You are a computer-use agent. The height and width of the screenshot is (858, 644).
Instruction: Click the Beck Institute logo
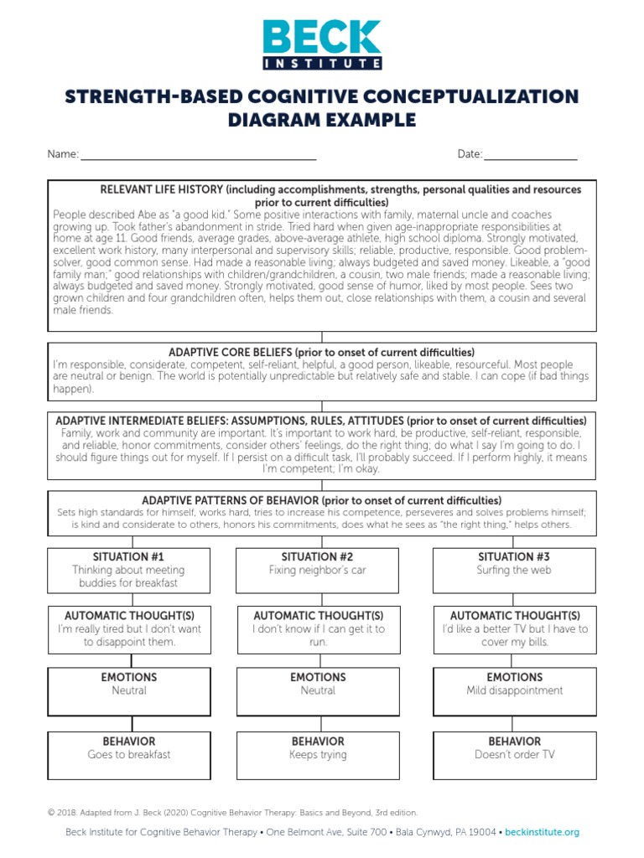tap(322, 44)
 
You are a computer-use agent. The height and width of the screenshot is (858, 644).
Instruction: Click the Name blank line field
tap(198, 156)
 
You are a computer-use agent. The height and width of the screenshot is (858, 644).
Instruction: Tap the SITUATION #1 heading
tap(129, 556)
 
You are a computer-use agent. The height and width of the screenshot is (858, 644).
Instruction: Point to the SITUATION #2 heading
tap(318, 556)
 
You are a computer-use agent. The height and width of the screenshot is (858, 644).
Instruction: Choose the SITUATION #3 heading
tap(514, 556)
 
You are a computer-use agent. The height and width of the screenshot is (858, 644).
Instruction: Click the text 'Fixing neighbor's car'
tap(318, 571)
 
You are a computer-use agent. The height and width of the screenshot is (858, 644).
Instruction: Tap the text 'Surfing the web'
tap(514, 571)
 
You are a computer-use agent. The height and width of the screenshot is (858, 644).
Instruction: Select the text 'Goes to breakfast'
tap(129, 755)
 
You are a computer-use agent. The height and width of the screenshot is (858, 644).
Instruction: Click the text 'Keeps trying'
tap(318, 755)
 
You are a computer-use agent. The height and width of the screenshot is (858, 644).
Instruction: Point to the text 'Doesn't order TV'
tap(514, 755)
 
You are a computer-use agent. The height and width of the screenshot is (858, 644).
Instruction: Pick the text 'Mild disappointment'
tap(514, 691)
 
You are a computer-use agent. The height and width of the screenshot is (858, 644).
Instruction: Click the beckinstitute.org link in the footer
tap(542, 832)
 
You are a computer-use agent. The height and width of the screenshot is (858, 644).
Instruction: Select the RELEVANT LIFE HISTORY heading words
tap(160, 189)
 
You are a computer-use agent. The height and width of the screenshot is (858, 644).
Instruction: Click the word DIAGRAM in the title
tap(274, 120)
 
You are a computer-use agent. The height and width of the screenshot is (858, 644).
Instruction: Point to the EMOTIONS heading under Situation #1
tap(129, 677)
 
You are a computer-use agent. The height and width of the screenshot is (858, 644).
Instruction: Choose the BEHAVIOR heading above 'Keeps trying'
tap(318, 742)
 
